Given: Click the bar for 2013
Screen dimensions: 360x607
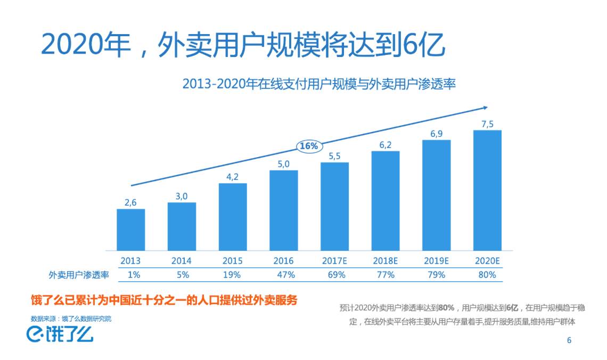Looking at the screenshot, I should tap(130, 230).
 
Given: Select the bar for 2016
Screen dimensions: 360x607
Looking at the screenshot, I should tap(283, 210).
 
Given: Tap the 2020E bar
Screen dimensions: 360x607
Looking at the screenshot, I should tap(487, 190).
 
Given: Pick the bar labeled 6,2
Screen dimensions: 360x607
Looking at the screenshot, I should tap(385, 201).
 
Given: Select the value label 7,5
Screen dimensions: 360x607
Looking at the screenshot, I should tap(487, 124).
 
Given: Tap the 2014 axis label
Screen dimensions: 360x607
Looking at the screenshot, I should tap(182, 261).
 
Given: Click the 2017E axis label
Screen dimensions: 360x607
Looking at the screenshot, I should tap(334, 261).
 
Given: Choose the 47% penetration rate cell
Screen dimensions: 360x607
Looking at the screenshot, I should tap(283, 275).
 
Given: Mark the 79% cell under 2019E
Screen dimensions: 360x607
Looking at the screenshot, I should tap(436, 275).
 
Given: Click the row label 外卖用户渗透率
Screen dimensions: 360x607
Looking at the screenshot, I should tap(79, 275).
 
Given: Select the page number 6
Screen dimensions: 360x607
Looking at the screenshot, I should tap(569, 340).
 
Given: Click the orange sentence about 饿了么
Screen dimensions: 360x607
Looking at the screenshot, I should tap(163, 300).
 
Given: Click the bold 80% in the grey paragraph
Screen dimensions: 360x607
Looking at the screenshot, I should tap(446, 308).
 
